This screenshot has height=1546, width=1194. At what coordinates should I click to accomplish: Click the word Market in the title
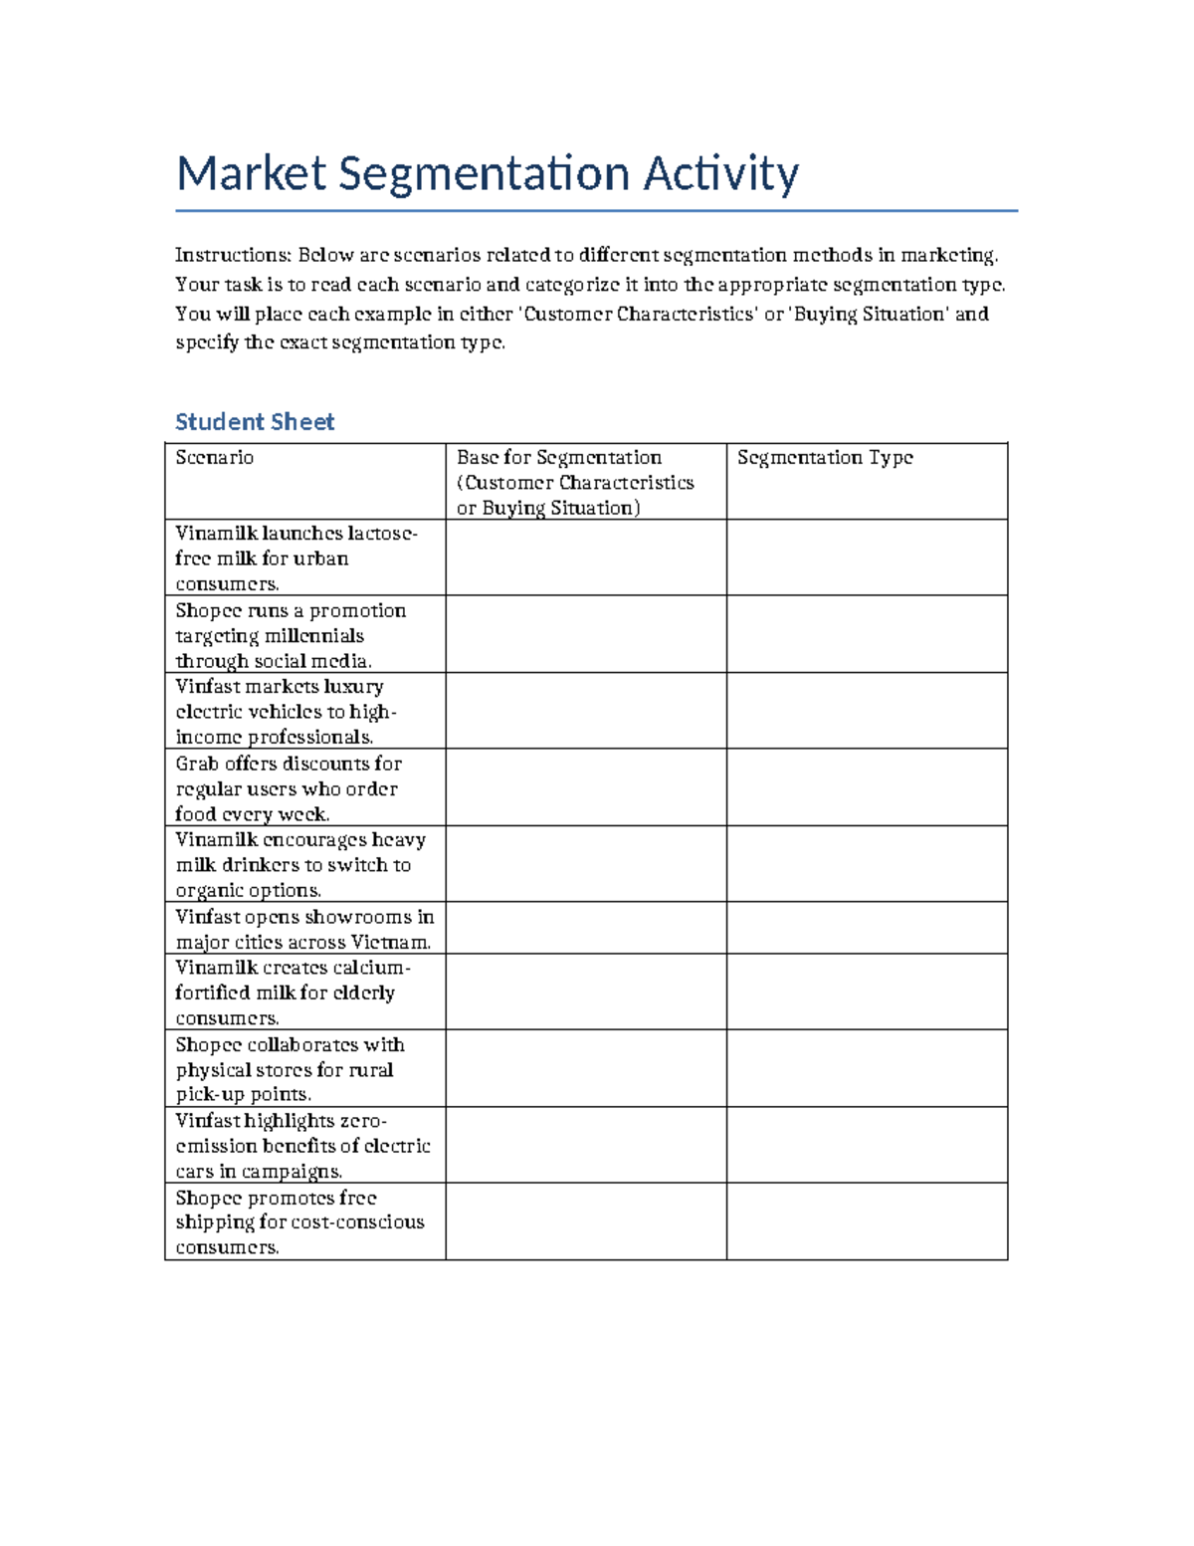coord(250,174)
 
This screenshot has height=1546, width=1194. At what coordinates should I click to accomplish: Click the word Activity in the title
coord(720,174)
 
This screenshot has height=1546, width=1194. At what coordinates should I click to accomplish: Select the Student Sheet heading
coord(255,422)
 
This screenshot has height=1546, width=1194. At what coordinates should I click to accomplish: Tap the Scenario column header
coord(215,458)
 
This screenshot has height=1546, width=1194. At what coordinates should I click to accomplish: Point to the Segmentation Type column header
coord(825,458)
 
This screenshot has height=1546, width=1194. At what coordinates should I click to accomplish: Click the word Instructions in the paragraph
coord(232,256)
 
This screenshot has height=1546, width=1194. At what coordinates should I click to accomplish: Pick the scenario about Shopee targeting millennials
coord(291,635)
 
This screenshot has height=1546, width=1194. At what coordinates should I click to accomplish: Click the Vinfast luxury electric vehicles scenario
coord(286,712)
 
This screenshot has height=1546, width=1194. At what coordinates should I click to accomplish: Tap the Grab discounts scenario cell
coord(289,788)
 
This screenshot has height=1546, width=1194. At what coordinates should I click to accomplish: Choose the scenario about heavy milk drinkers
coord(300,865)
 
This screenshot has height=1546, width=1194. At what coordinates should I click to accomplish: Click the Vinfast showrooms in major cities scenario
coord(304,929)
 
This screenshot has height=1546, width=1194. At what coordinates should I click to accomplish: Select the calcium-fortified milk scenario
coord(293,993)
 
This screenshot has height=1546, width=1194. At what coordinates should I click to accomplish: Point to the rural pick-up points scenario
coord(290,1069)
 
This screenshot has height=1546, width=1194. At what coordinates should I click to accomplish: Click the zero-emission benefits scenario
coord(302,1146)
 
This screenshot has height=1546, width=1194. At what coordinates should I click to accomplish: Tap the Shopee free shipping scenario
coord(299,1222)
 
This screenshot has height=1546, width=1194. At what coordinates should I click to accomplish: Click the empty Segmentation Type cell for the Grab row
coord(867,787)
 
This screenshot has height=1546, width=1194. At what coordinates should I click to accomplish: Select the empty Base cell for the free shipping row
coord(585,1221)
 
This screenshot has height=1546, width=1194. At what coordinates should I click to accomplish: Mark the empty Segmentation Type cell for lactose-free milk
coord(867,557)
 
